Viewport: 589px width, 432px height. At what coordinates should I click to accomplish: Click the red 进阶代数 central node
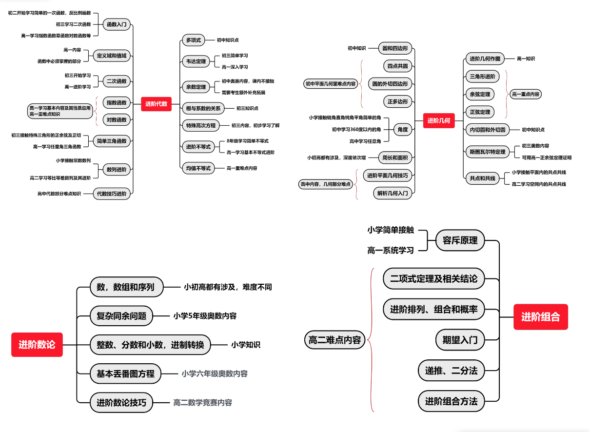[156, 104]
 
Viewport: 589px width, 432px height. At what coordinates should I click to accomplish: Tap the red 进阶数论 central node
[37, 345]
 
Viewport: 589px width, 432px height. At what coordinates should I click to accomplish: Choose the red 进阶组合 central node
[540, 317]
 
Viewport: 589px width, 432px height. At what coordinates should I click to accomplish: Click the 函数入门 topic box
[117, 24]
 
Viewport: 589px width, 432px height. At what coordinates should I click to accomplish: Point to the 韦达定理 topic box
[196, 61]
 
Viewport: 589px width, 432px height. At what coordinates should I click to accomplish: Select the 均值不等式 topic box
[198, 168]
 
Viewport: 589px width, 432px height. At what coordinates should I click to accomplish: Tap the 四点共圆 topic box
[397, 66]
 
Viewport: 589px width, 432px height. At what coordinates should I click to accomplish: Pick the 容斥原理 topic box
[460, 240]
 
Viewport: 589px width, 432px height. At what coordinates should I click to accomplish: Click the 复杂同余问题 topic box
[121, 315]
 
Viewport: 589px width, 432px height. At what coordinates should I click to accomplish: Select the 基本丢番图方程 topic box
[125, 374]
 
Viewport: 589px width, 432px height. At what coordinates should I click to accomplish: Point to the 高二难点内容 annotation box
[334, 340]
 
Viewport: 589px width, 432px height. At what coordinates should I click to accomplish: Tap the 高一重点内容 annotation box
[526, 94]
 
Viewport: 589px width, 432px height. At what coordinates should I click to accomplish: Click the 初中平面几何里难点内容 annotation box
[331, 84]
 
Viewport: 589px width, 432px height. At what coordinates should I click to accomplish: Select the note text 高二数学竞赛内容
[202, 403]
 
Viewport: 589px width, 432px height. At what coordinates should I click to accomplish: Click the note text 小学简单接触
[390, 230]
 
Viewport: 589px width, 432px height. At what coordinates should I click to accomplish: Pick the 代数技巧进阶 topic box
[113, 194]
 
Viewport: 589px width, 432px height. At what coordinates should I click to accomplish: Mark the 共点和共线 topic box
[482, 178]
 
